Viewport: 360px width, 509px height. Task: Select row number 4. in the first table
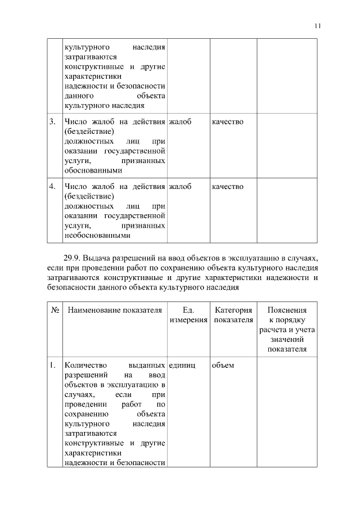click(52, 186)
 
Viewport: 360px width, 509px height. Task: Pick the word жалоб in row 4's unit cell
click(180, 186)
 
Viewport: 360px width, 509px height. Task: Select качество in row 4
click(228, 186)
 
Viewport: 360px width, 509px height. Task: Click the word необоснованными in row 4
click(97, 236)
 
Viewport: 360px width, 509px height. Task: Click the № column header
click(55, 310)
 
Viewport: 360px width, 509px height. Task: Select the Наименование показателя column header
click(115, 310)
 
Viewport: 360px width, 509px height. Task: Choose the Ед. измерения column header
click(188, 315)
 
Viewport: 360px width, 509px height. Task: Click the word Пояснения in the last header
click(287, 310)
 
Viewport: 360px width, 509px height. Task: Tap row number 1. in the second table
click(52, 365)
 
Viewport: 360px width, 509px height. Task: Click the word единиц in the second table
click(182, 365)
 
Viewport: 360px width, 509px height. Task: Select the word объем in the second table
click(223, 365)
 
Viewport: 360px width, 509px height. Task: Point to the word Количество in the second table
click(86, 365)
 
